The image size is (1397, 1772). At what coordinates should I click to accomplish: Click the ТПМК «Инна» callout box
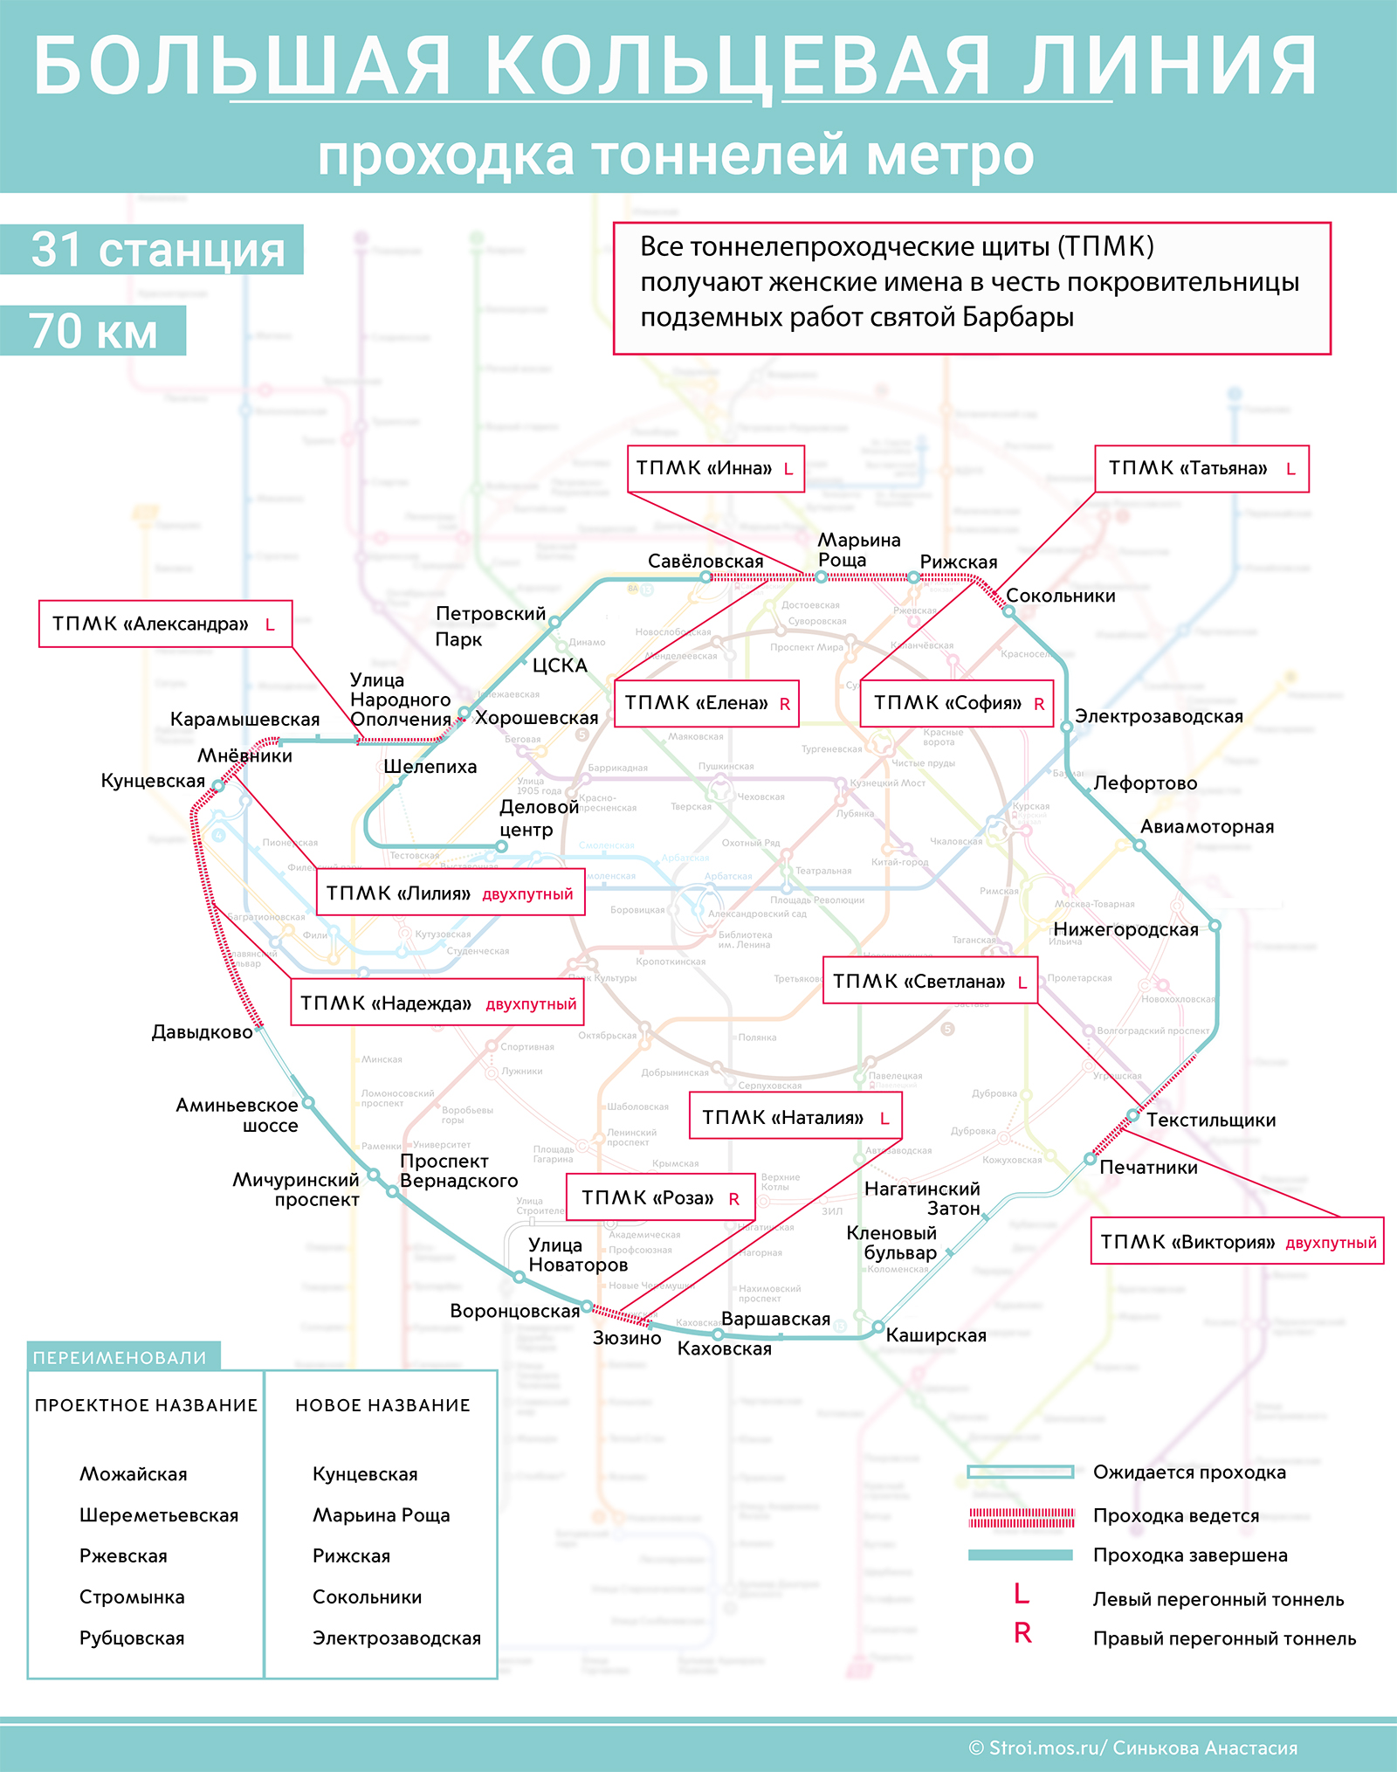tap(715, 469)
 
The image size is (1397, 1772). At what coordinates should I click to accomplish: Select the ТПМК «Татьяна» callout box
tap(1201, 469)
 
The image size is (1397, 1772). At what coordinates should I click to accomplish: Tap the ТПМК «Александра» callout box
tap(165, 624)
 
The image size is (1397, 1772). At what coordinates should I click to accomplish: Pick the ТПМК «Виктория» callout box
tap(1236, 1241)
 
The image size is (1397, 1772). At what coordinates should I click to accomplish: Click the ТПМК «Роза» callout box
tap(660, 1197)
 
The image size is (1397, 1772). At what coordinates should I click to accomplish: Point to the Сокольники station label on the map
tap(1060, 596)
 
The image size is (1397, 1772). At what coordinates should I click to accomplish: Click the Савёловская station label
tap(705, 561)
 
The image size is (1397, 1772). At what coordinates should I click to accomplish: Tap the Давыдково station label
tap(202, 1032)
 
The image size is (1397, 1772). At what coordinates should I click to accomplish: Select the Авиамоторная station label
tap(1207, 826)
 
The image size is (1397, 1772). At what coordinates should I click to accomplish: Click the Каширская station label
tap(935, 1334)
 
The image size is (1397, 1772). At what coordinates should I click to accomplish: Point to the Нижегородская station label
tap(1125, 929)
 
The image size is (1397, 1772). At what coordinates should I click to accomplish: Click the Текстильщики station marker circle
tap(1132, 1115)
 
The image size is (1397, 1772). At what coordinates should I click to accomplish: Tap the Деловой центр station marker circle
tap(501, 846)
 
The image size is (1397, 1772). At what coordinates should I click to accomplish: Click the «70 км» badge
tap(93, 331)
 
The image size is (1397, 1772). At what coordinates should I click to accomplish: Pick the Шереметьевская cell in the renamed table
tap(159, 1515)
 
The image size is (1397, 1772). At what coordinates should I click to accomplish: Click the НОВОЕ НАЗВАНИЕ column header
tap(382, 1405)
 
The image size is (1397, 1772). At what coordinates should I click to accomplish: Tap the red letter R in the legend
tap(1022, 1632)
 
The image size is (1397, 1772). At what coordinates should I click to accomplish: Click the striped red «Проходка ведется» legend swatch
tap(1021, 1517)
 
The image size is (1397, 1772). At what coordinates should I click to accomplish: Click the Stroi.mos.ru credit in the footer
tap(1132, 1748)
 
